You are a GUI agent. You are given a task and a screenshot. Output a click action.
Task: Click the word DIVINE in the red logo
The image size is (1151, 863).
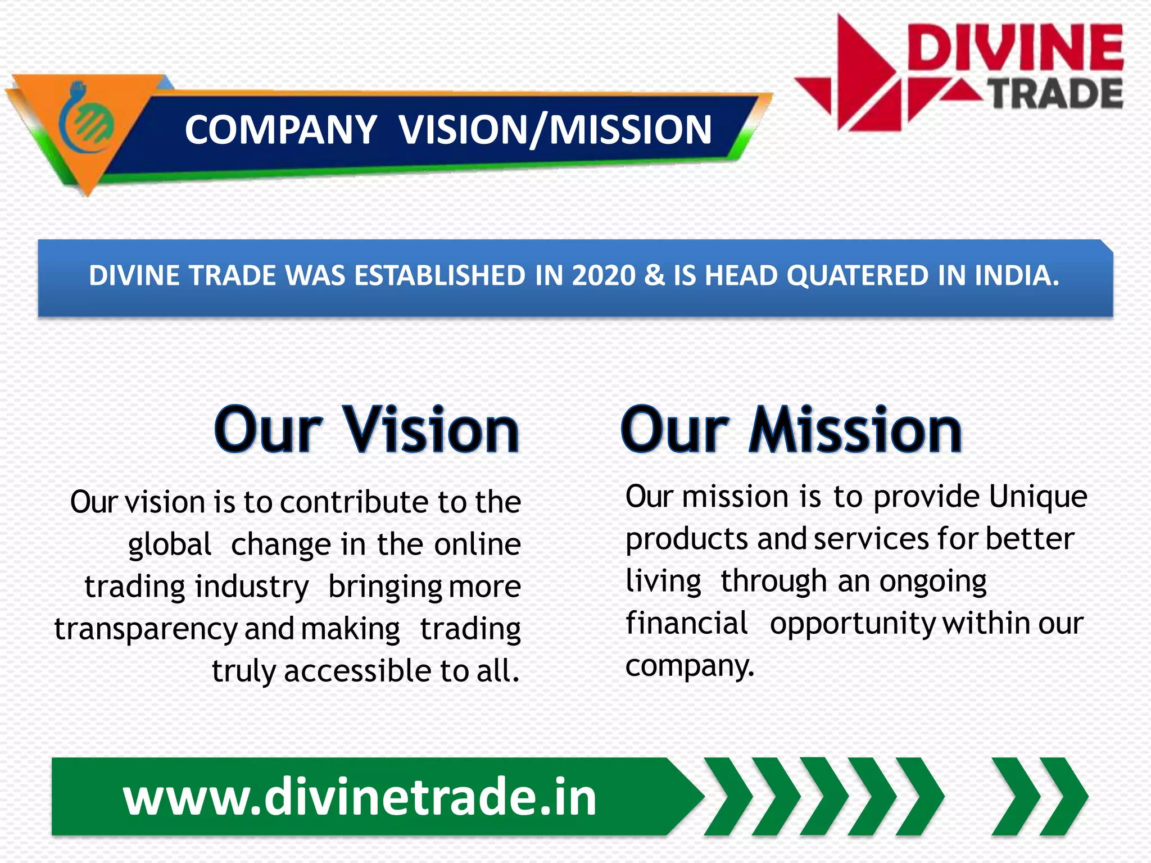[x=1014, y=48]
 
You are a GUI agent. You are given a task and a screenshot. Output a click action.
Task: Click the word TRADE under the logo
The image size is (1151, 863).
[x=1055, y=94]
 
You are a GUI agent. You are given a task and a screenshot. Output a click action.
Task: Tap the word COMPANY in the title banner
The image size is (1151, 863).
[x=280, y=130]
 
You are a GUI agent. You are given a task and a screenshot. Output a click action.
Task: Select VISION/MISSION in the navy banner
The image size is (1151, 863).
[x=555, y=130]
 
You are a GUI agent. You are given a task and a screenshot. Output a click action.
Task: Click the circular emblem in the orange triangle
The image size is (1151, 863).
[x=87, y=120]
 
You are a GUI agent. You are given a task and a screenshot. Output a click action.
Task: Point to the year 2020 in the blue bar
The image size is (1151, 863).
[x=603, y=276]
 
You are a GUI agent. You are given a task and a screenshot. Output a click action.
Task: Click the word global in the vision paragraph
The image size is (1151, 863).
[x=169, y=544]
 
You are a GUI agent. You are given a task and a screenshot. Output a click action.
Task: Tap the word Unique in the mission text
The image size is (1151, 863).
[x=1037, y=497]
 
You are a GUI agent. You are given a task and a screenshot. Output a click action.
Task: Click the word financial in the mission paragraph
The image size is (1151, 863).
[x=686, y=624]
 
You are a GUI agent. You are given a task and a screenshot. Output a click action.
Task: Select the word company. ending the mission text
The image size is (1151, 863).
[x=690, y=666]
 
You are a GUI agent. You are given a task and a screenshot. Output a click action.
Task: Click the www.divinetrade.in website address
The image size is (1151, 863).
[x=360, y=797]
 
